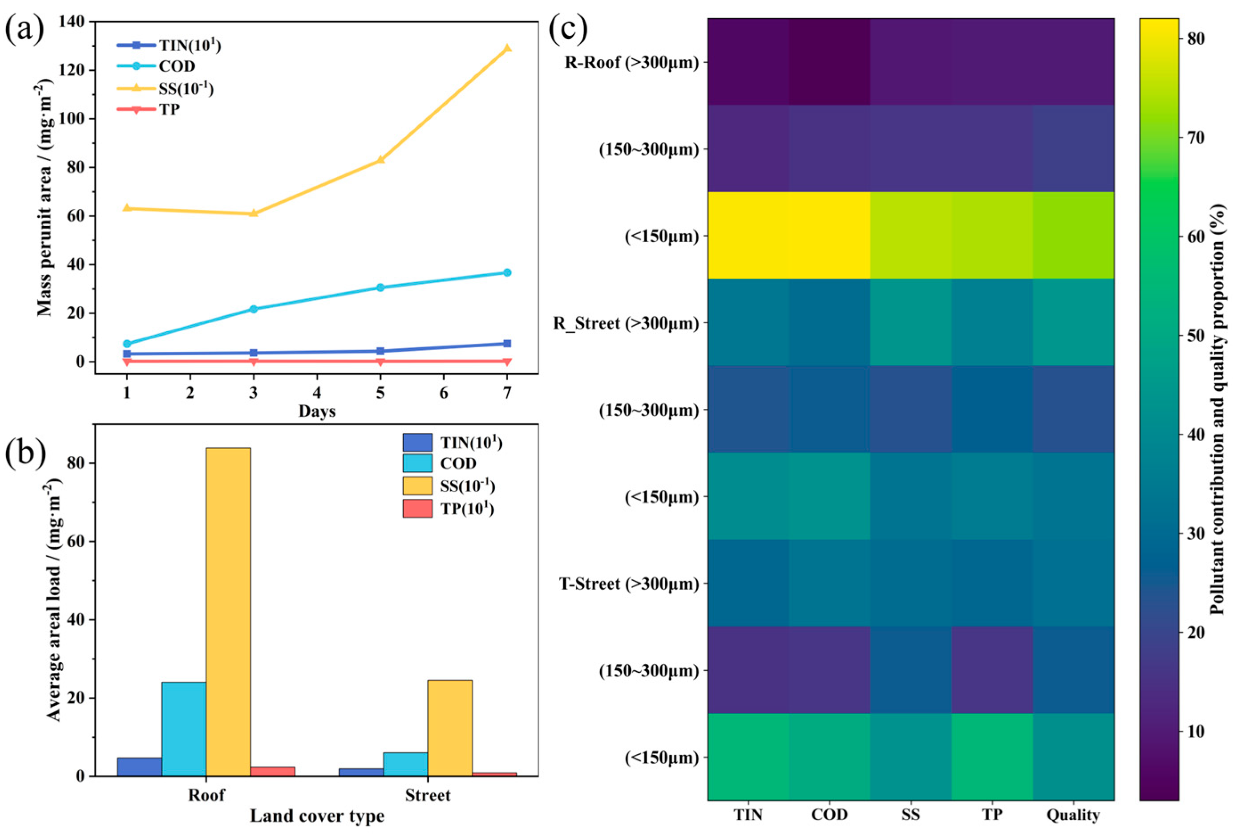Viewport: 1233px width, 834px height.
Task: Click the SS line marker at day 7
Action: tap(507, 48)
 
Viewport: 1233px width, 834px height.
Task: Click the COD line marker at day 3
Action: tap(254, 309)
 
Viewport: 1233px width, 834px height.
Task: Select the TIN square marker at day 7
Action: tap(507, 343)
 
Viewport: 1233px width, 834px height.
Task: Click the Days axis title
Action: tap(317, 411)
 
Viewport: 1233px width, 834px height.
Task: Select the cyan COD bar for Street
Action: tap(405, 764)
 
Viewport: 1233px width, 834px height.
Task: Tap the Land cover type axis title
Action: tap(317, 815)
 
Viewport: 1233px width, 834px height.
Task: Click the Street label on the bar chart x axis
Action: tap(427, 795)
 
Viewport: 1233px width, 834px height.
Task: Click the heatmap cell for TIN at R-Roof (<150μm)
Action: tap(748, 235)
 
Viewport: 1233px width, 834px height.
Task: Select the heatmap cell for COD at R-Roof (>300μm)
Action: tap(829, 61)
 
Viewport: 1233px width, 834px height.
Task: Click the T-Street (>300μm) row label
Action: tap(629, 584)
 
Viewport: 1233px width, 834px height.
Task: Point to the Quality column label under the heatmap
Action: tap(1073, 814)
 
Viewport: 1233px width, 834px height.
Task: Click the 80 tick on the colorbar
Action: tap(1194, 38)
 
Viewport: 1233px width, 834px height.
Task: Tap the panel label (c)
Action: tap(568, 29)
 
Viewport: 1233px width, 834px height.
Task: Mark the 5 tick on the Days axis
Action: tap(380, 393)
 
